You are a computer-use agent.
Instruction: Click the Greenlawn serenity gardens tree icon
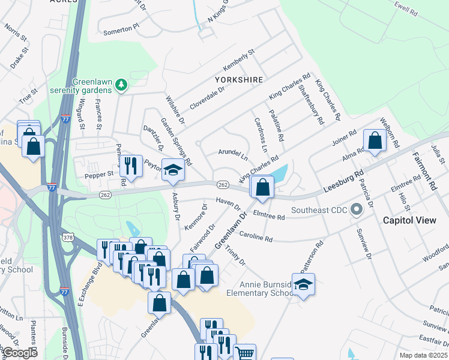pos(122,85)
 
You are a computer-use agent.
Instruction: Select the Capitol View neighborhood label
pos(410,220)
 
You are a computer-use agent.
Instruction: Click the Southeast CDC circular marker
pos(357,210)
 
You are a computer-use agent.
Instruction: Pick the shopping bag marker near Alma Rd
pos(375,141)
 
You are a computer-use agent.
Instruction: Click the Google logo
pos(19,353)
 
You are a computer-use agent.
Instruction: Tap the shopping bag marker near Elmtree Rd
pos(262,187)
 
